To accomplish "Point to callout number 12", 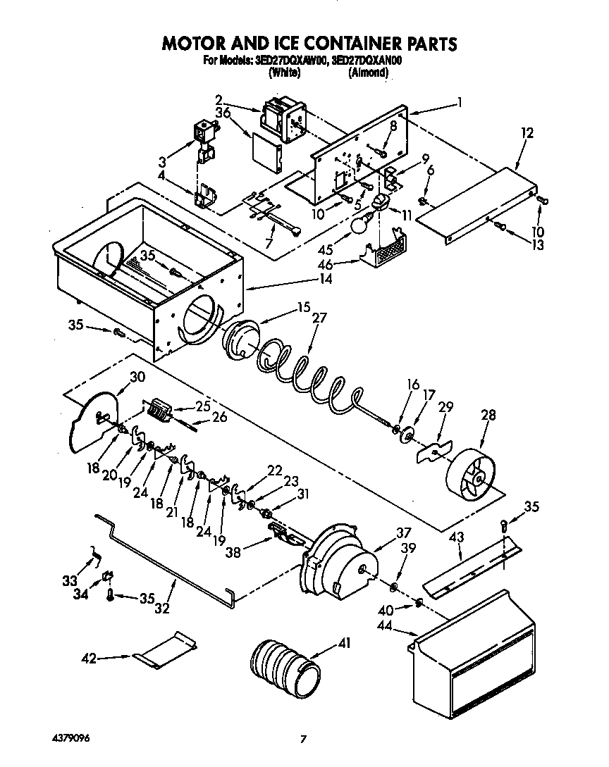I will [527, 132].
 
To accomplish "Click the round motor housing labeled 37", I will [338, 563].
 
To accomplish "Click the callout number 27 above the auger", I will [319, 318].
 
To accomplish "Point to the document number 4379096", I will [69, 737].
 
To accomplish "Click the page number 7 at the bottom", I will [303, 739].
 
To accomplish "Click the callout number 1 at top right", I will [460, 101].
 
